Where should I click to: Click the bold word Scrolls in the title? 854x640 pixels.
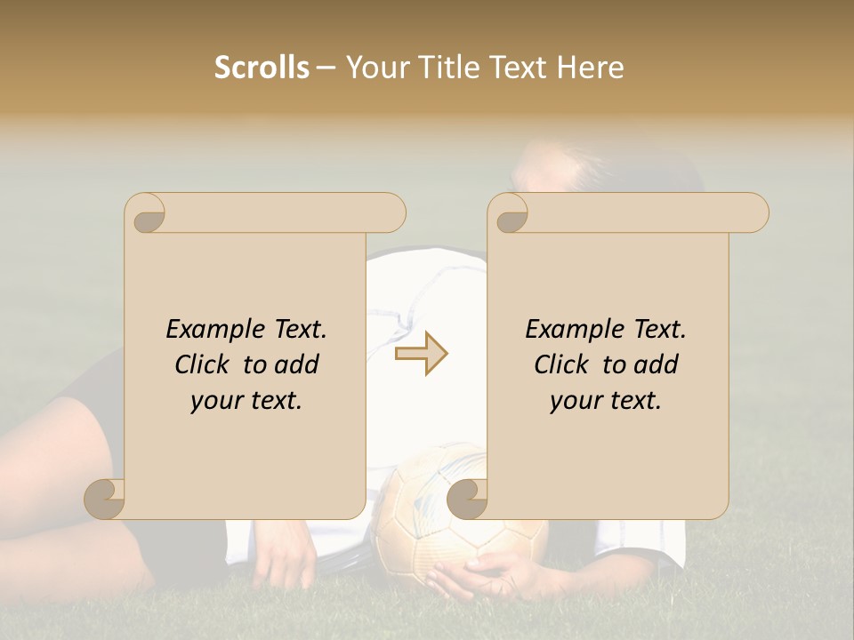(262, 68)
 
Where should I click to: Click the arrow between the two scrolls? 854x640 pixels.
(422, 353)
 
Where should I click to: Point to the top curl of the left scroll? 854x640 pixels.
(145, 213)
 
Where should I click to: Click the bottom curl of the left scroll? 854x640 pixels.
(105, 499)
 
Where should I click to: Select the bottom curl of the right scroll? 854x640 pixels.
(467, 499)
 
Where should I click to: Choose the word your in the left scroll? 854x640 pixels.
(215, 401)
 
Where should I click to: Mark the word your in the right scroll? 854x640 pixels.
(575, 401)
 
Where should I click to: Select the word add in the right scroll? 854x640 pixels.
(657, 364)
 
